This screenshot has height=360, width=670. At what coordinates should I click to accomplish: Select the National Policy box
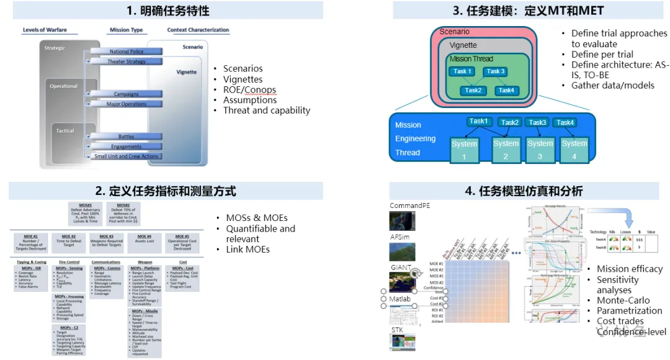(127, 52)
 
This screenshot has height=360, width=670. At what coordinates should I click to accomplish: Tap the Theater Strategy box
(127, 61)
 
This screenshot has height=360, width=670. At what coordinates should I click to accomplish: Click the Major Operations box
(126, 104)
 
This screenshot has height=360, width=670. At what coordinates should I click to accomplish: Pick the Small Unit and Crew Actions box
(126, 156)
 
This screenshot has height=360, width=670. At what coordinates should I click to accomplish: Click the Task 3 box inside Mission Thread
(495, 71)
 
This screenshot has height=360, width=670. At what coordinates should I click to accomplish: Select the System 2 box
(506, 149)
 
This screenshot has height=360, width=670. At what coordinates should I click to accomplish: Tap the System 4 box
(574, 149)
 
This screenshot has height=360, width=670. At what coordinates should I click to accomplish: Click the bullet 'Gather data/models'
(612, 85)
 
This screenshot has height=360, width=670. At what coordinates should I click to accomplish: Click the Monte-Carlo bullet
(623, 300)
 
